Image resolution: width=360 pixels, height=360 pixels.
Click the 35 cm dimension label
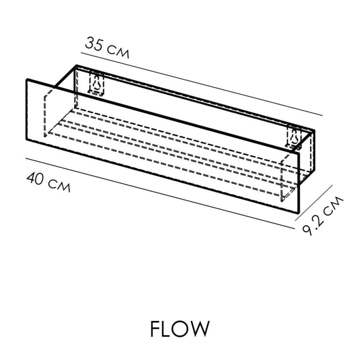(x=107, y=48)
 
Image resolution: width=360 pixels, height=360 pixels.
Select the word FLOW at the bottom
(x=180, y=329)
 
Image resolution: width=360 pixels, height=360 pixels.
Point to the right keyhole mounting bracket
(x=294, y=136)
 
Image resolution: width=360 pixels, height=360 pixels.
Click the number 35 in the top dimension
(x=94, y=44)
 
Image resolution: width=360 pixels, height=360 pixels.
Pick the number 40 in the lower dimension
(x=36, y=178)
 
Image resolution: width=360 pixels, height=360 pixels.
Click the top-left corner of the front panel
(x=27, y=80)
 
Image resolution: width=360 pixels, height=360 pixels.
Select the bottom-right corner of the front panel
(x=298, y=213)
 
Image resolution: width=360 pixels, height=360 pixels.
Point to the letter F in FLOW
(x=155, y=329)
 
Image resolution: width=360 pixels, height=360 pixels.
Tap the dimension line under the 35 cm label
(x=202, y=84)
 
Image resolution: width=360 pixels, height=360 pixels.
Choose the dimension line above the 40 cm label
(x=160, y=193)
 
